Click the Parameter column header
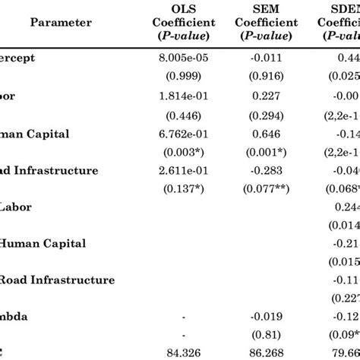pyautogui.click(x=61, y=22)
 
